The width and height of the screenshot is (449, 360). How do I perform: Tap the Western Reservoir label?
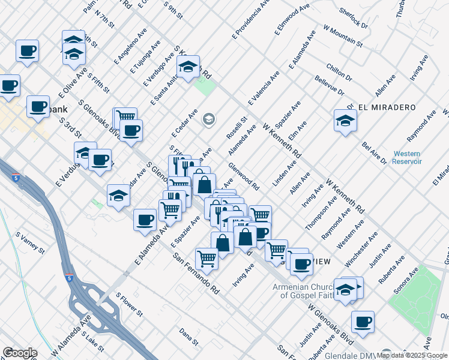point(407,158)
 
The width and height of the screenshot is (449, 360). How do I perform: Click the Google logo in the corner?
point(20,352)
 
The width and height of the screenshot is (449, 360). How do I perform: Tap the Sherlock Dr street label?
point(353,19)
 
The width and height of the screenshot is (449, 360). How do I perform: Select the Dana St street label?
point(188,337)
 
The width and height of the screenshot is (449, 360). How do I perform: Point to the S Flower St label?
point(129,305)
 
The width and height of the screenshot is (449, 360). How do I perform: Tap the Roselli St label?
point(237,127)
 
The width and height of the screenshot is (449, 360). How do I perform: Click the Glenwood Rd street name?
point(243,176)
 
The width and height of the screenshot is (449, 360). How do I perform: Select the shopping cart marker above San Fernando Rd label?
point(206,259)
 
